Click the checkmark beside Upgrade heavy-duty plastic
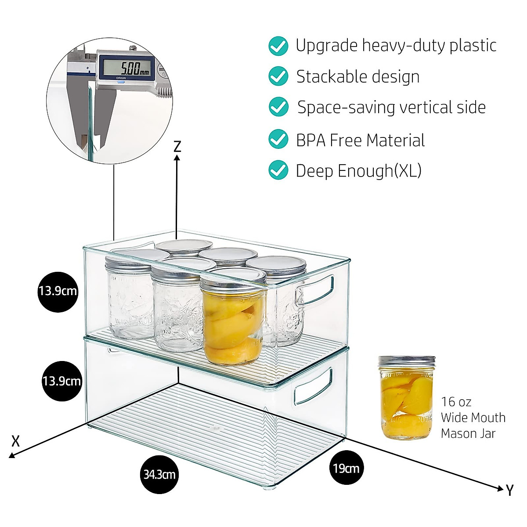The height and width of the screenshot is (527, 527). tap(278, 46)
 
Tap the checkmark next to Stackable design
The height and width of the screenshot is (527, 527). tap(278, 76)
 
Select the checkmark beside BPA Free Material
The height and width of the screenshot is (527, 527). tap(278, 139)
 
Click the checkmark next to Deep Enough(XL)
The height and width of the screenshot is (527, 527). tap(278, 170)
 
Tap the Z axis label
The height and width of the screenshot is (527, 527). tap(177, 146)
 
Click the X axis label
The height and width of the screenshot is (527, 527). tap(15, 440)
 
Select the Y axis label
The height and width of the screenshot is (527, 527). tap(509, 490)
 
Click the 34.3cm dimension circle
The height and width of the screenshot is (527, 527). tap(159, 474)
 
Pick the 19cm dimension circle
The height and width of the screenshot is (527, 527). tap(346, 468)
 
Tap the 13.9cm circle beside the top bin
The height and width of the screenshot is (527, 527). tap(58, 291)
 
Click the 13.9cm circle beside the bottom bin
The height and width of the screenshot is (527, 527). tap(61, 381)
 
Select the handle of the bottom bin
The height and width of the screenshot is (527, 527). tap(314, 386)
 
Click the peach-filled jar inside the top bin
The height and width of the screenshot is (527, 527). tap(233, 321)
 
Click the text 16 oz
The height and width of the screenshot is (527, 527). tap(456, 401)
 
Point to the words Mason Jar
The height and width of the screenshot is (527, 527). tap(468, 433)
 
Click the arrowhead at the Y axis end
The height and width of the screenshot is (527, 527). tap(499, 488)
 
